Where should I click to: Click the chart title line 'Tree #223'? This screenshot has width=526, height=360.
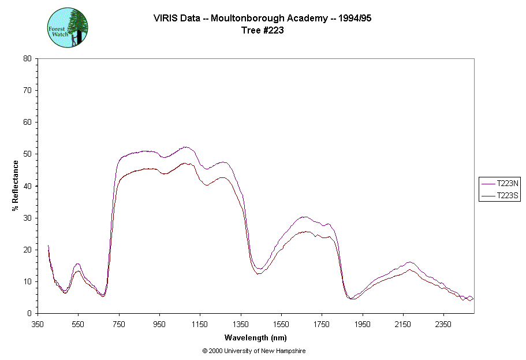coord(262,31)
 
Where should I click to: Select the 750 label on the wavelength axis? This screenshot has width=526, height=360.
coord(119,324)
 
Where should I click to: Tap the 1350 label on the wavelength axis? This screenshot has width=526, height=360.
coord(241,324)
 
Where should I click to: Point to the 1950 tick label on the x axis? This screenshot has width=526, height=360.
coord(363,324)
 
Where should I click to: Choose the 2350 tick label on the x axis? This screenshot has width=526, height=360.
coord(443,324)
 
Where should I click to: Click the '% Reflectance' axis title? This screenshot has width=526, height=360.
coord(16,185)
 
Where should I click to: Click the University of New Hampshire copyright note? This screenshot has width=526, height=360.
coord(254,351)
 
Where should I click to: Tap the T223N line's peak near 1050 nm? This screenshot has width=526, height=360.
coord(185,147)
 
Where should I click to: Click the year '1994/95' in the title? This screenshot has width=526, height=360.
coord(355,18)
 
